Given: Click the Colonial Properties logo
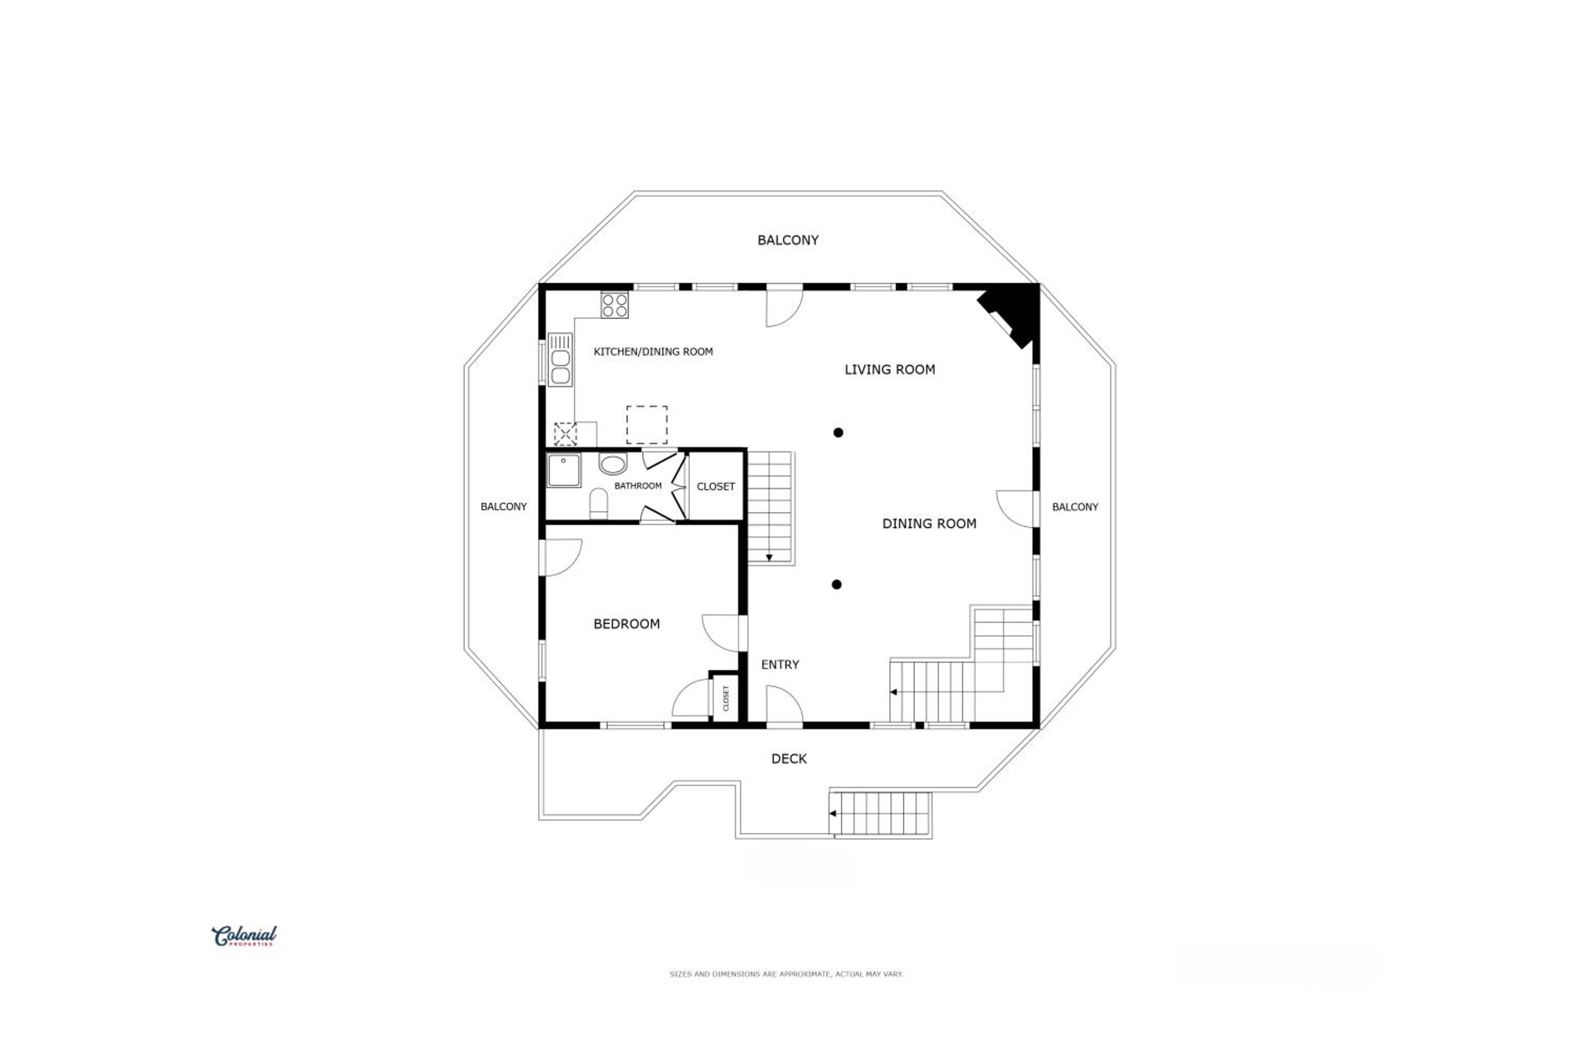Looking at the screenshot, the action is [x=244, y=936].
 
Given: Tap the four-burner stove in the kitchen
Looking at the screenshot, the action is [x=614, y=305].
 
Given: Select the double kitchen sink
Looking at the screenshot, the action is [x=560, y=360].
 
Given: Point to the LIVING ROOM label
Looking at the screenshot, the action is [x=890, y=370].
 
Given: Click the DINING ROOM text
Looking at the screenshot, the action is [x=929, y=524].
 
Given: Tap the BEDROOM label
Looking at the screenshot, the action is [x=626, y=624].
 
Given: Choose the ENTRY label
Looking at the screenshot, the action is [x=780, y=665].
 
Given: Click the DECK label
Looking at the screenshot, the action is [x=788, y=759].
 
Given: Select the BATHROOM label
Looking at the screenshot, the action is [x=638, y=485].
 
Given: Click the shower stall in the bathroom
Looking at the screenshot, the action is [x=564, y=470].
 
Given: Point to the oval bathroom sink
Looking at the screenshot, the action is [x=613, y=463].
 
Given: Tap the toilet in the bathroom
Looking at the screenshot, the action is [x=599, y=504].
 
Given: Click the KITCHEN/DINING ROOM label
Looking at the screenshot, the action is [x=653, y=351].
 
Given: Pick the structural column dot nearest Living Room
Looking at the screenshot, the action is [x=838, y=433].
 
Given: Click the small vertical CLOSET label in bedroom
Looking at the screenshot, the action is [x=725, y=699].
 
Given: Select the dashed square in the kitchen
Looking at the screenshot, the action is [x=647, y=424].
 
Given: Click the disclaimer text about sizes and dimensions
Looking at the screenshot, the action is [x=786, y=974].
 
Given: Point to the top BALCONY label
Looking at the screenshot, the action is [x=788, y=240].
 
